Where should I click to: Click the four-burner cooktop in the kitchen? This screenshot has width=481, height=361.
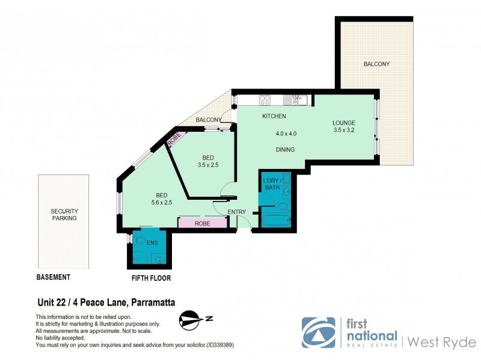point(265,100)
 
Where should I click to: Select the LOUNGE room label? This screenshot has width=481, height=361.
point(345,123)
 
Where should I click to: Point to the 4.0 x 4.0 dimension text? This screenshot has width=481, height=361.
point(286,134)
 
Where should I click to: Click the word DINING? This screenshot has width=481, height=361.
point(285,149)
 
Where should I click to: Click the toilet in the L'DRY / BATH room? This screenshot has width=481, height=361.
point(283,206)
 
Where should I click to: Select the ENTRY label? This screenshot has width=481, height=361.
point(237,212)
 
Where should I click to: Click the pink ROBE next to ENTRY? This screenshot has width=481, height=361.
point(202,223)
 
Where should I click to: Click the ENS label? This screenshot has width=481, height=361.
point(152,242)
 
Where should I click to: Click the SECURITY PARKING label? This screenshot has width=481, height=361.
point(64,215)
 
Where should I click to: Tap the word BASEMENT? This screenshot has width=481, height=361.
point(54,277)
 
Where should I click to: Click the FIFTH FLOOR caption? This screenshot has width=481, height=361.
point(152,279)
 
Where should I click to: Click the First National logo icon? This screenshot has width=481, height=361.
point(318,332)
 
